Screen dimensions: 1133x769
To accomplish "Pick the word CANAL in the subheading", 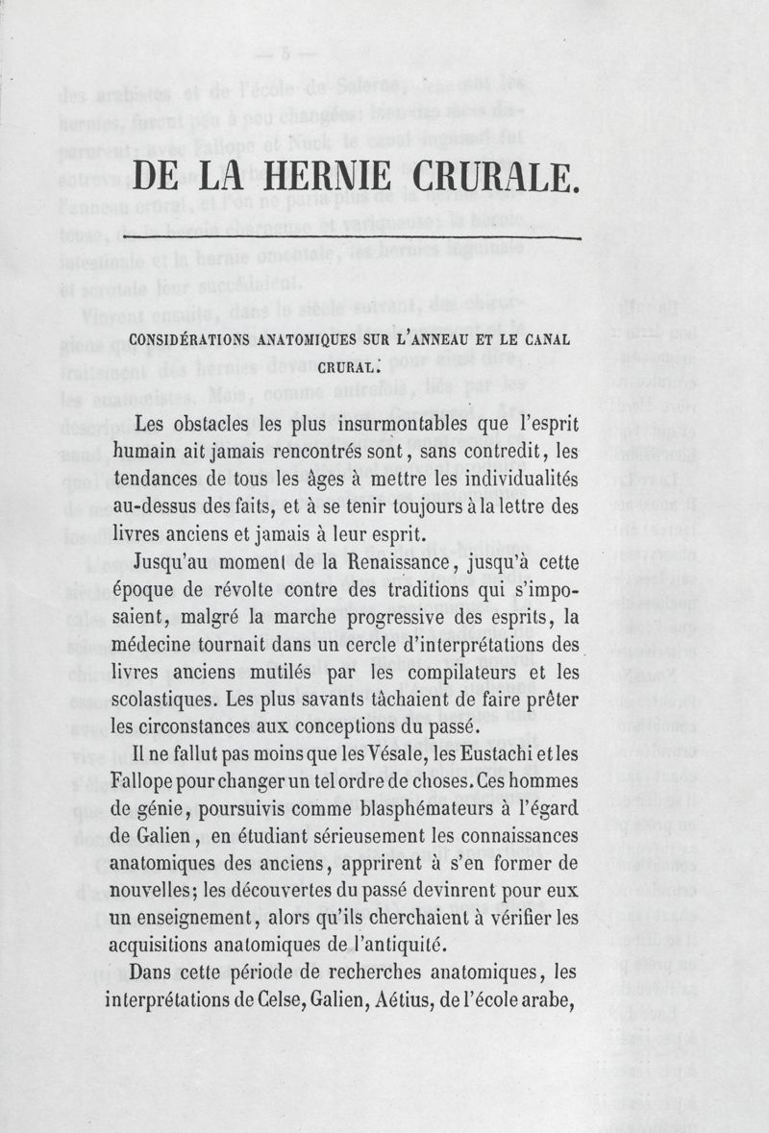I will pos(545,339).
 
